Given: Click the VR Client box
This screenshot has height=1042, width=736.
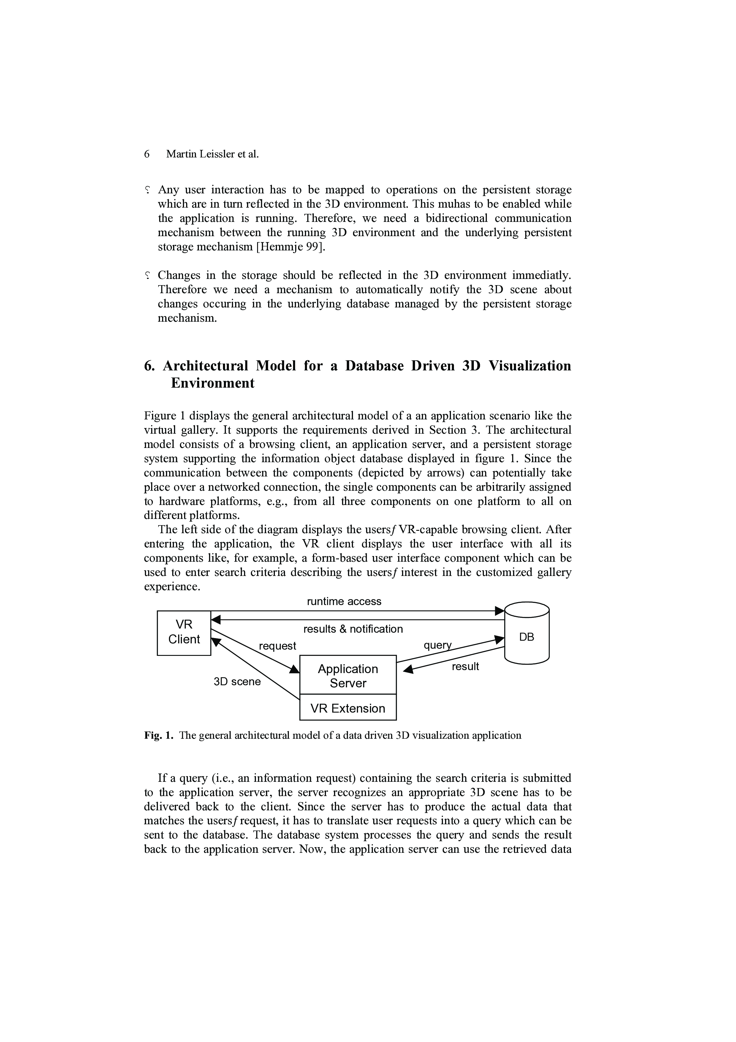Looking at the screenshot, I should click(184, 633).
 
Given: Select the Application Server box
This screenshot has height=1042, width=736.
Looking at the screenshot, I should click(348, 675).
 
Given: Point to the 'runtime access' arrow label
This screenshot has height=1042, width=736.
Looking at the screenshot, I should click(344, 601).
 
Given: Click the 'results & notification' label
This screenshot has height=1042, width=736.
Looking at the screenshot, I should click(353, 629).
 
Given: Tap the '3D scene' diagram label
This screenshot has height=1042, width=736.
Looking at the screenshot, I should click(237, 682).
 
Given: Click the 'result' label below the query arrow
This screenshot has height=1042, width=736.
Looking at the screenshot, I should click(465, 666).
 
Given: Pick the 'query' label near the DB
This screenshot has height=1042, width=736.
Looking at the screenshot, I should click(438, 646).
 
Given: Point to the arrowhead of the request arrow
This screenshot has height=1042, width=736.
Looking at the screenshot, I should click(295, 670).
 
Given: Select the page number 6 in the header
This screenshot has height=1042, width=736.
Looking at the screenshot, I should click(147, 154).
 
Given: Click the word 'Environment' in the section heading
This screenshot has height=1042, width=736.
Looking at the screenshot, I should click(212, 383).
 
